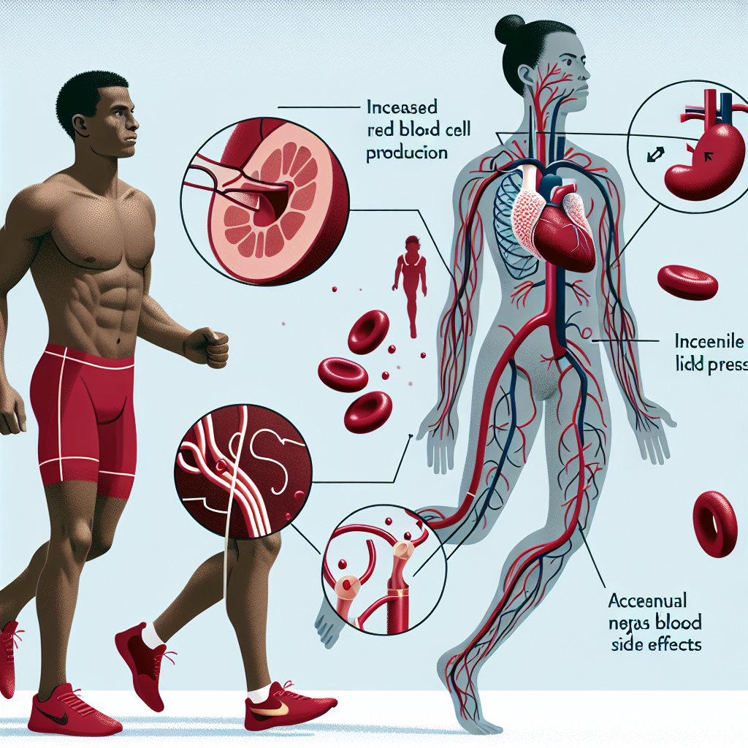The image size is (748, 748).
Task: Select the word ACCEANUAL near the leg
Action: tap(648, 601)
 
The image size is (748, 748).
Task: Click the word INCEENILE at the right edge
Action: tap(706, 341)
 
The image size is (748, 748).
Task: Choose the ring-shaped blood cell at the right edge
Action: tap(714, 523)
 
